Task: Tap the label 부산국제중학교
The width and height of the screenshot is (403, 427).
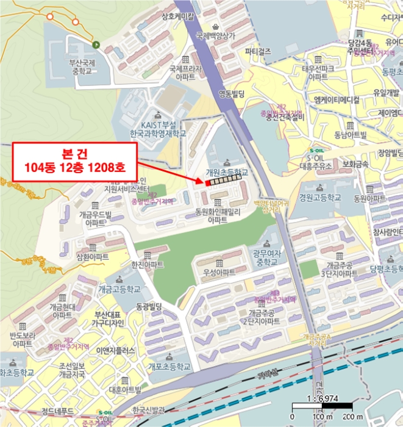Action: [x=78, y=69]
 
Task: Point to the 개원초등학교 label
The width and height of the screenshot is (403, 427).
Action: [x=227, y=173]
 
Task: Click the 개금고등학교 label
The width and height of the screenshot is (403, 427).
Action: [x=119, y=289]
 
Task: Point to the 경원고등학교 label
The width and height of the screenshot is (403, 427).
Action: [x=320, y=198]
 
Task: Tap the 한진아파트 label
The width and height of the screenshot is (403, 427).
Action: [x=148, y=265]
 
